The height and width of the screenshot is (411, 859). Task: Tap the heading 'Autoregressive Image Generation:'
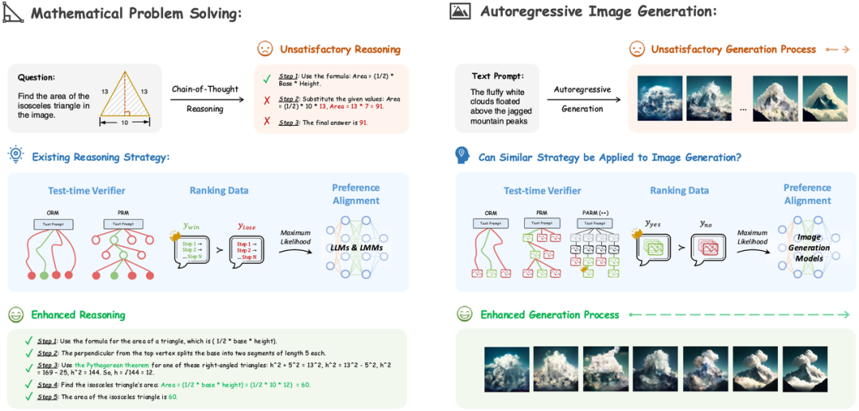click(x=598, y=11)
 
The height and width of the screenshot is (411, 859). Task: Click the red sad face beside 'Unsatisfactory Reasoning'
click(x=264, y=49)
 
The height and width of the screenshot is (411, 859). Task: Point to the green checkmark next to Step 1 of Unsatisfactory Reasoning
click(x=267, y=77)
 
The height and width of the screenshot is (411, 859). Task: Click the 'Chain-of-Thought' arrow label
click(x=204, y=89)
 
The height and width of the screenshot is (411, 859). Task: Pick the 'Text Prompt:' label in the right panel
click(x=497, y=76)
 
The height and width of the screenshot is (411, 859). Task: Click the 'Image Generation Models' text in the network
click(x=809, y=248)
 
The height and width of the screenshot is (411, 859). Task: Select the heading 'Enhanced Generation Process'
click(x=550, y=315)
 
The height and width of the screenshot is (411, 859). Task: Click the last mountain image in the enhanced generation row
click(x=805, y=369)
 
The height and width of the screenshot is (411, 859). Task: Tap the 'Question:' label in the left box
click(x=37, y=77)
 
